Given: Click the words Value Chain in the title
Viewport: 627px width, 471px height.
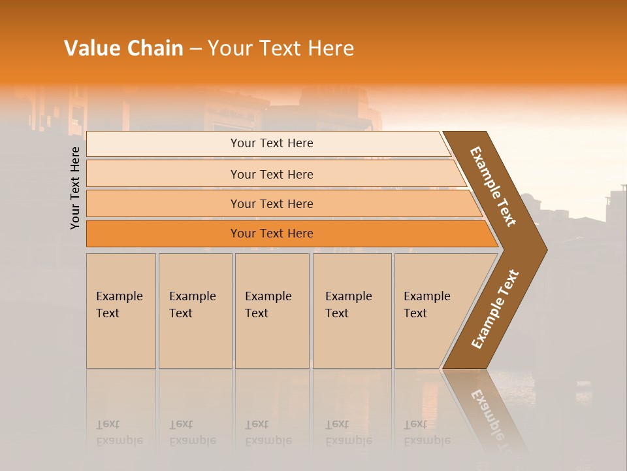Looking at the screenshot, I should tap(123, 48).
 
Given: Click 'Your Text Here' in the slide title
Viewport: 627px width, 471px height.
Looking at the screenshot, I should tap(281, 48).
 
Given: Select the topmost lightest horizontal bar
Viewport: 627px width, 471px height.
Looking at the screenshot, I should tap(163, 144).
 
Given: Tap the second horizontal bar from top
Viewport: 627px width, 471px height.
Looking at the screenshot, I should tap(163, 174).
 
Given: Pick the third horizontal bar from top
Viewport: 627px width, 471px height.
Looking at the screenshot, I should tap(163, 204).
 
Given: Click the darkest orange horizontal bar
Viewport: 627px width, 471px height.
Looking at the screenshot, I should tap(163, 234).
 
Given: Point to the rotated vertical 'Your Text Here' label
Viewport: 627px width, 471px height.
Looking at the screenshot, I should tap(75, 188).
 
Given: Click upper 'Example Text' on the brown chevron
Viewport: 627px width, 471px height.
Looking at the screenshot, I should tap(493, 186).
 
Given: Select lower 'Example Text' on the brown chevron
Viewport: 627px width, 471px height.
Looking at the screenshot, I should tap(495, 309).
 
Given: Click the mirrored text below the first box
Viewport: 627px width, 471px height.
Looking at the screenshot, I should tap(119, 432).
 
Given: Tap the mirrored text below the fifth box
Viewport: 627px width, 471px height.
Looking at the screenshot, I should tap(426, 432).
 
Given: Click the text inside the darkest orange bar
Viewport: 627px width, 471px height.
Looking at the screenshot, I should tap(272, 234).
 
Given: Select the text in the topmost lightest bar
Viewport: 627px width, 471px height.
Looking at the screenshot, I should tap(272, 143).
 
